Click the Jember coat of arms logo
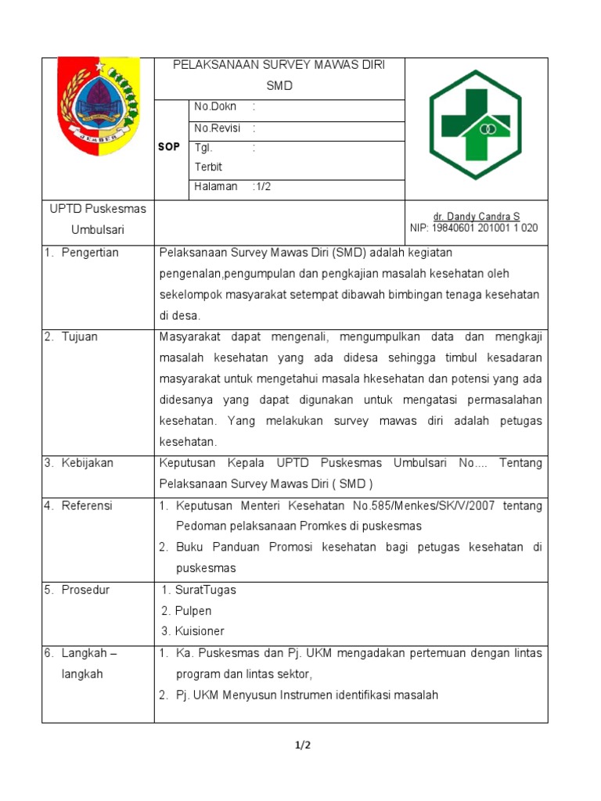pos(98,106)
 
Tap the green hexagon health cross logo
pos(475,125)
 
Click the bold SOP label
pos(169,147)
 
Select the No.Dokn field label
pos(215,106)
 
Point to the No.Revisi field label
pos(218,128)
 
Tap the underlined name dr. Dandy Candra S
pos(476,217)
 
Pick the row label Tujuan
pos(82,336)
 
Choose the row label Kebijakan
pos(88,463)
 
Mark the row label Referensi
pos(87,505)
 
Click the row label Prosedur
pos(85,590)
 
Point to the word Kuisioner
pos(200,631)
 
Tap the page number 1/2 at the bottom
pos(303,745)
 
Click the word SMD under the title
pos(279,86)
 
